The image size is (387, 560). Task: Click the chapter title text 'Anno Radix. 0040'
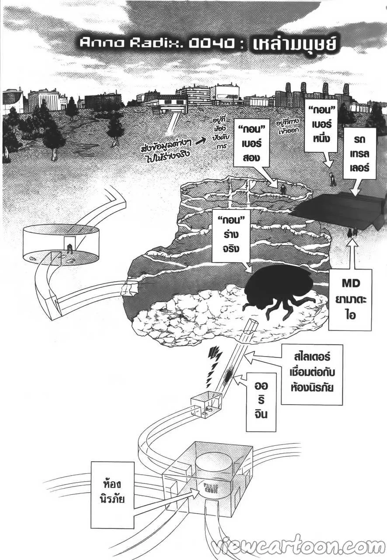point(151,42)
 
